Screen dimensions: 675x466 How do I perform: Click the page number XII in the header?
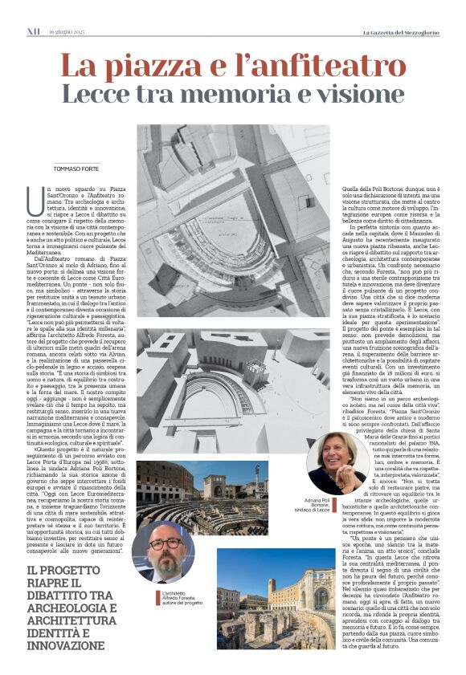click(x=33, y=31)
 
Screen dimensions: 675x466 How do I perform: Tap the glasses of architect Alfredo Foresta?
click(x=164, y=543)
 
